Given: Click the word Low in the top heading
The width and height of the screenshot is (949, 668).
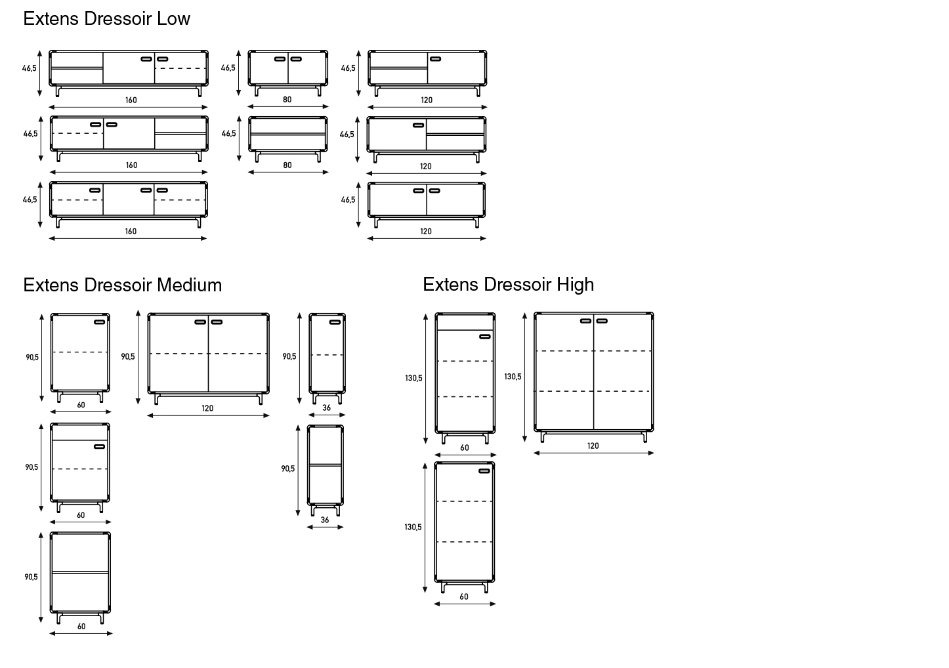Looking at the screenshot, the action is coord(173,18).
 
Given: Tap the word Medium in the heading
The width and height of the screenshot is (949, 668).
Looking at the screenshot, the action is coord(190,285).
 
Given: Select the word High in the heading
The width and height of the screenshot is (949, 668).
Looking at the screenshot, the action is coord(575,285).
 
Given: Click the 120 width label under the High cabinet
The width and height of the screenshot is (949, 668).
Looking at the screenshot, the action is coord(593,446).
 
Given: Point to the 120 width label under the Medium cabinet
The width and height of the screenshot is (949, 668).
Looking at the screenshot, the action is coord(207,408).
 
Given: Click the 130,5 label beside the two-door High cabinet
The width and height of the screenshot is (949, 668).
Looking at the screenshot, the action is coord(513,377).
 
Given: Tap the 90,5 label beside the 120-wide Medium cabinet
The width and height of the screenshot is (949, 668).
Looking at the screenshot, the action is coord(128,357).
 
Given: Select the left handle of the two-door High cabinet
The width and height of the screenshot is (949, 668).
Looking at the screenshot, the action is coord(585,321).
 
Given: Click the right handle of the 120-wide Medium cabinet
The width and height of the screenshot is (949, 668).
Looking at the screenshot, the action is coord(217,322).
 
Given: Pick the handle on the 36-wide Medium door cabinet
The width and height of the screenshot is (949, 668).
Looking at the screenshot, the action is coord(335,322).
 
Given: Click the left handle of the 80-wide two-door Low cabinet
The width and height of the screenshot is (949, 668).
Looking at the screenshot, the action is coord(280,59).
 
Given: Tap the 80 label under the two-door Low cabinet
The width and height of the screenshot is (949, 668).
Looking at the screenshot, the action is coord(287,100).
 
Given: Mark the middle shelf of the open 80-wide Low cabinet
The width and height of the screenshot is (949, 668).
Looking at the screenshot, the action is coord(287,134).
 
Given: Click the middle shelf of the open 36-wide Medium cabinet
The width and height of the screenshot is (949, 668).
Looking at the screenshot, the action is coord(325,465).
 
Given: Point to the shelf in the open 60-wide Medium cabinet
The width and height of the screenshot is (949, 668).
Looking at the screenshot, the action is coord(80,572).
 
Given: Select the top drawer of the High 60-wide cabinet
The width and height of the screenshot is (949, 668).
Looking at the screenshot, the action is coord(465,323).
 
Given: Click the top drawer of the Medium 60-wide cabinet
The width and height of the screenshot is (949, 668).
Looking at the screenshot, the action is coord(80,433).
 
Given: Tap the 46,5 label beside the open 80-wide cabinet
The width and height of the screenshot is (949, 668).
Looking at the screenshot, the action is coord(229,133).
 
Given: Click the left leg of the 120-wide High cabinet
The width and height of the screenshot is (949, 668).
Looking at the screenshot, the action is coord(542,437).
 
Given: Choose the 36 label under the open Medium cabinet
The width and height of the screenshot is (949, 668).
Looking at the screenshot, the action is coord(324,520).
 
